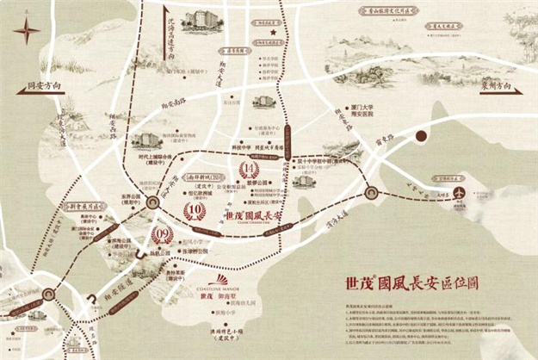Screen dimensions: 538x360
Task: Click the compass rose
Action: [27, 32]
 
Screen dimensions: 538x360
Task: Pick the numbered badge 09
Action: [162, 232]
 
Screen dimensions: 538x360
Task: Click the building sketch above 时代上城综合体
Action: [147, 140]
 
